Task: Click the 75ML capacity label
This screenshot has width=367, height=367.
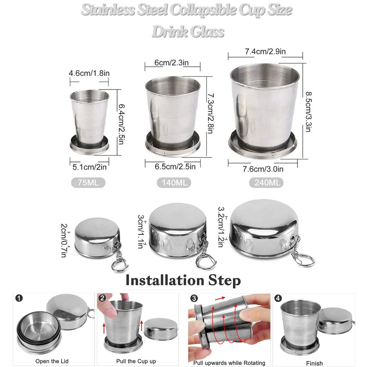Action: [88, 183]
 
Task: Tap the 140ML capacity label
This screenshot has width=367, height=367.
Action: [174, 183]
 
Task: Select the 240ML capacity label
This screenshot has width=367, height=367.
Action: [266, 183]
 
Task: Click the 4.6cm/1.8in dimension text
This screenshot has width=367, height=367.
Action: [89, 73]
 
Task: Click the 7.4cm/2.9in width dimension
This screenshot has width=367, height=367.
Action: [265, 52]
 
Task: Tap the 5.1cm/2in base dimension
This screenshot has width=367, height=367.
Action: [90, 167]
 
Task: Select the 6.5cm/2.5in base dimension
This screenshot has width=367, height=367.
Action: [175, 167]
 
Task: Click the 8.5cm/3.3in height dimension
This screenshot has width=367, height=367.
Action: [308, 111]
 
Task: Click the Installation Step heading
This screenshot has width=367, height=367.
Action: [183, 281]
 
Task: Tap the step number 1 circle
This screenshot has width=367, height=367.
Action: [19, 298]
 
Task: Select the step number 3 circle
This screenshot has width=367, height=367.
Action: [194, 298]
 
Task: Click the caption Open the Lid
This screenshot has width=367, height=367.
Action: [52, 361]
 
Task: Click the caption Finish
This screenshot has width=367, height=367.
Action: [314, 363]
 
